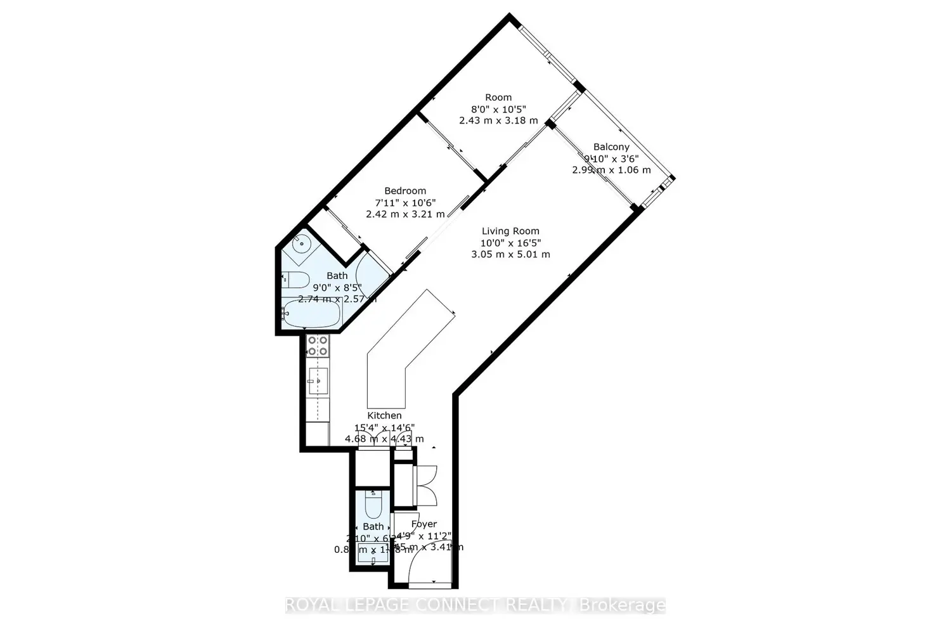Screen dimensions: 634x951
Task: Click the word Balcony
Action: coord(611,147)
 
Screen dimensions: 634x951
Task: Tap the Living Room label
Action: coord(510,231)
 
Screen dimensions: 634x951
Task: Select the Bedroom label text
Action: coord(405,191)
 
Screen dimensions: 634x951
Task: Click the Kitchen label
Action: coord(384,415)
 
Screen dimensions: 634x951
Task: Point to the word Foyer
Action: coord(424,524)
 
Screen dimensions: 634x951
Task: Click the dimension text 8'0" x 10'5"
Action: coord(498,109)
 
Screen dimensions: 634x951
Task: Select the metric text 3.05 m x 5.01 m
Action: coord(510,254)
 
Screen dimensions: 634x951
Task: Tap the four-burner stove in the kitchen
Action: coord(318,346)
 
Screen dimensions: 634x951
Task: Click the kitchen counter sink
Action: coord(318,380)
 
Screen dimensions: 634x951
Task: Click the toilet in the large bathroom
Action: coord(295,279)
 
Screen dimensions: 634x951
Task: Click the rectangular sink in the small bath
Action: coord(373,552)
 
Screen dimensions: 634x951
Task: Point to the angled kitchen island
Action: coord(399,355)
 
